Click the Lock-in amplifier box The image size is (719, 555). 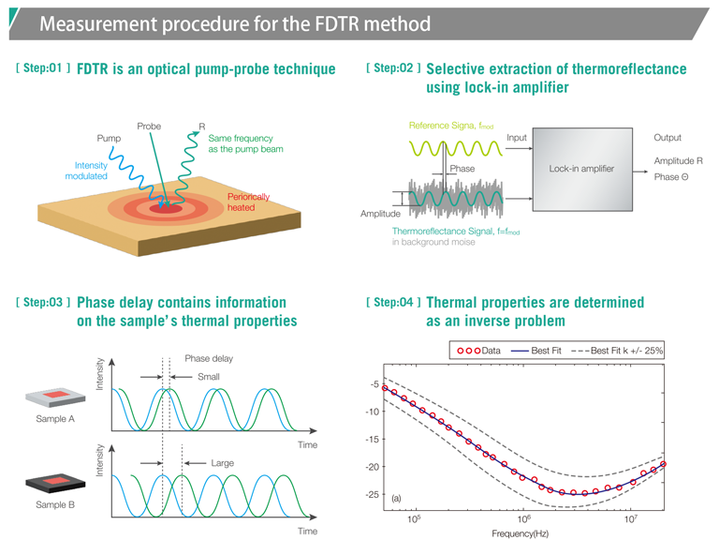point(580,169)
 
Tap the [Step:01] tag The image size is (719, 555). point(42,68)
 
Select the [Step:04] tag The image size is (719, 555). point(394,302)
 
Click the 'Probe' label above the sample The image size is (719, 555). point(149,125)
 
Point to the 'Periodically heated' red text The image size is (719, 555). point(248,202)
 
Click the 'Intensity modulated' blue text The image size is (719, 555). point(86,170)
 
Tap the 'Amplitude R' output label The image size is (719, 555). point(679,161)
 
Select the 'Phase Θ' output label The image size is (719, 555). point(672,176)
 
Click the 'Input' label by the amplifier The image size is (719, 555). point(517,137)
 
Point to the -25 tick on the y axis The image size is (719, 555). point(373,494)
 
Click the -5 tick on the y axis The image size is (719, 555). point(374,384)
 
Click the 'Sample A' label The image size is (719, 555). point(55,419)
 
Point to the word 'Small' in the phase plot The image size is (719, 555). point(209,377)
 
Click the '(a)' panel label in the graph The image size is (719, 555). point(396,498)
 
